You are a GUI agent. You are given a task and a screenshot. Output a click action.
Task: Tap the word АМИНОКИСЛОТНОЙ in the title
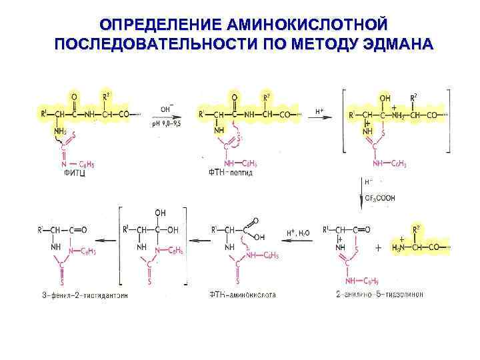[x=306, y=25]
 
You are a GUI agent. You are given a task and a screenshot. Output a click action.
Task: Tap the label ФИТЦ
[x=74, y=172]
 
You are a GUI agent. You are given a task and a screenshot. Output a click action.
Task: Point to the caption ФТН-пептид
[x=231, y=173]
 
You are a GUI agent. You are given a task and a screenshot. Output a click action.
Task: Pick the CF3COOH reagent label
[x=381, y=197]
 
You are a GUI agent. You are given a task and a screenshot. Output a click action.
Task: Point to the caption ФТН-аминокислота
[x=242, y=294]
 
